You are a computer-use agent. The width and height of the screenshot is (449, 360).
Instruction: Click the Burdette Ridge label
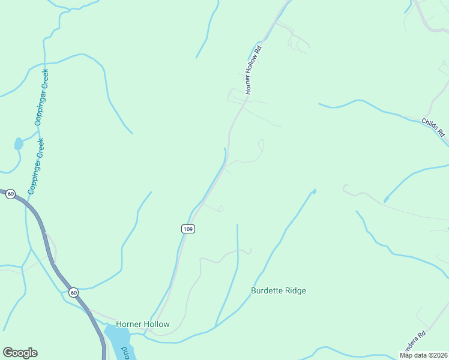coord(278,291)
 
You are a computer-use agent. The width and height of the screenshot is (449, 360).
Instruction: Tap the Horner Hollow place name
coord(143,324)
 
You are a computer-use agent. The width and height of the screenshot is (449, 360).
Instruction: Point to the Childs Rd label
coord(432,127)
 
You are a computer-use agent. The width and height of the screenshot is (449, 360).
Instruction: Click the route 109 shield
coord(188,229)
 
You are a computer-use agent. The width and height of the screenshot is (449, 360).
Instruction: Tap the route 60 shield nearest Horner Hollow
coord(73,292)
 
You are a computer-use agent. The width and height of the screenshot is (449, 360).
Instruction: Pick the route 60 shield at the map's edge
coord(10,194)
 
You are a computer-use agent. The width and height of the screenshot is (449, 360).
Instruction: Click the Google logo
coord(20,353)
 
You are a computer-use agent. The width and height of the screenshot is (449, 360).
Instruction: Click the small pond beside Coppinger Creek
coord(19,144)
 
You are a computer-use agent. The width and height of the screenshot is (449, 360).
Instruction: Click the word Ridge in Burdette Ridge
coord(295,291)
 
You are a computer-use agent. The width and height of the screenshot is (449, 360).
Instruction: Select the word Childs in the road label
coord(429,125)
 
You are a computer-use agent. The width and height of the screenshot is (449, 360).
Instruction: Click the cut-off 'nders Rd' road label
coord(414,341)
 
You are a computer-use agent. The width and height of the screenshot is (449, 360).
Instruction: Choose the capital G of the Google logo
coord(8,353)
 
